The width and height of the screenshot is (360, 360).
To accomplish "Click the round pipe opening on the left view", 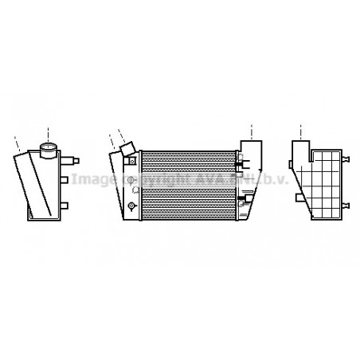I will [49, 147].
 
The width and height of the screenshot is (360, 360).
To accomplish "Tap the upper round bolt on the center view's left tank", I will [129, 182].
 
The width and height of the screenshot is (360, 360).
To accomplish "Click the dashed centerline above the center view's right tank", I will [252, 131].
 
